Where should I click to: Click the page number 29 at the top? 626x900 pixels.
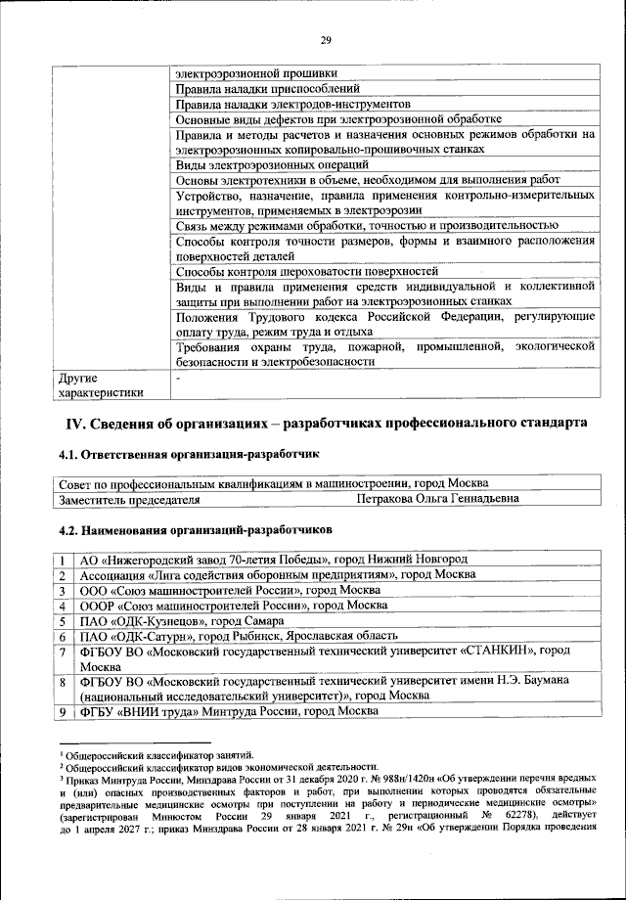tap(326, 39)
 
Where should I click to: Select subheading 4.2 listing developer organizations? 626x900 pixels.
tap(196, 529)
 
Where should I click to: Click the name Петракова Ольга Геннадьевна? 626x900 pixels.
tap(436, 499)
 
